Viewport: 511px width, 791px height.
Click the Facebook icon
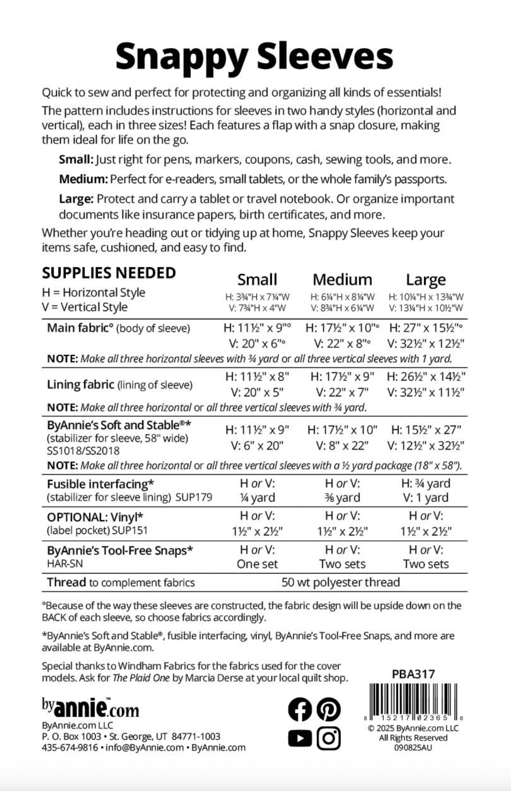300,710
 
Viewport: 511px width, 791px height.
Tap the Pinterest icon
328,710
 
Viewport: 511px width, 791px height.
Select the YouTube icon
300,738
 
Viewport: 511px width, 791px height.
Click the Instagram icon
328,738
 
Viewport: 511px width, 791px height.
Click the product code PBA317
413,674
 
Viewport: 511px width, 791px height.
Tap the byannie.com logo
90,708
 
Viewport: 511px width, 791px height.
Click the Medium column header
342,280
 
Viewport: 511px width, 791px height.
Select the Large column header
426,280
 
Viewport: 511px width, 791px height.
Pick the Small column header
257,280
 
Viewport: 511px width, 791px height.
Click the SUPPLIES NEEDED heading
109,273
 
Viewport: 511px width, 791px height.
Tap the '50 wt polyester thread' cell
340,582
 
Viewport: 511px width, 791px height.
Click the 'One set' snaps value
257,564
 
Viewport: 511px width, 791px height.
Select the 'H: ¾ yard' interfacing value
426,483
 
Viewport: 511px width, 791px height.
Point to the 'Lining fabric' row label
80,385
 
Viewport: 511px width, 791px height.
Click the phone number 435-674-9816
69,748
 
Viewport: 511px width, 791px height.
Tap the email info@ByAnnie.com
145,748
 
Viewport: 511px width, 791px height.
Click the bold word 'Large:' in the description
76,199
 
